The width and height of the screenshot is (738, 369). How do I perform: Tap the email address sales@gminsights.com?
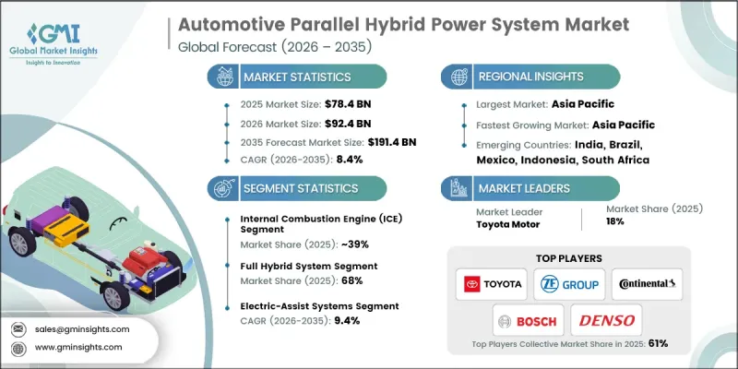81,328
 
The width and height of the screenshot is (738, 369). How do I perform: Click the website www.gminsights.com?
79,349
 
